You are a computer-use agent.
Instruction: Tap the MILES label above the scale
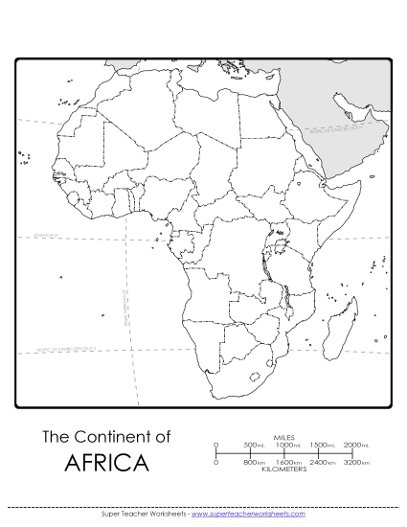point(284,436)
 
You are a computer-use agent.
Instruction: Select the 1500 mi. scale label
point(322,445)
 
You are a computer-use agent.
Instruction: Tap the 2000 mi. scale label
point(356,445)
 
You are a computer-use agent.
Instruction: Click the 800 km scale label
point(254,463)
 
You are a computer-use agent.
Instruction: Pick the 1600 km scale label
point(287,463)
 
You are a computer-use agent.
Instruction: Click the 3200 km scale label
point(356,463)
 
